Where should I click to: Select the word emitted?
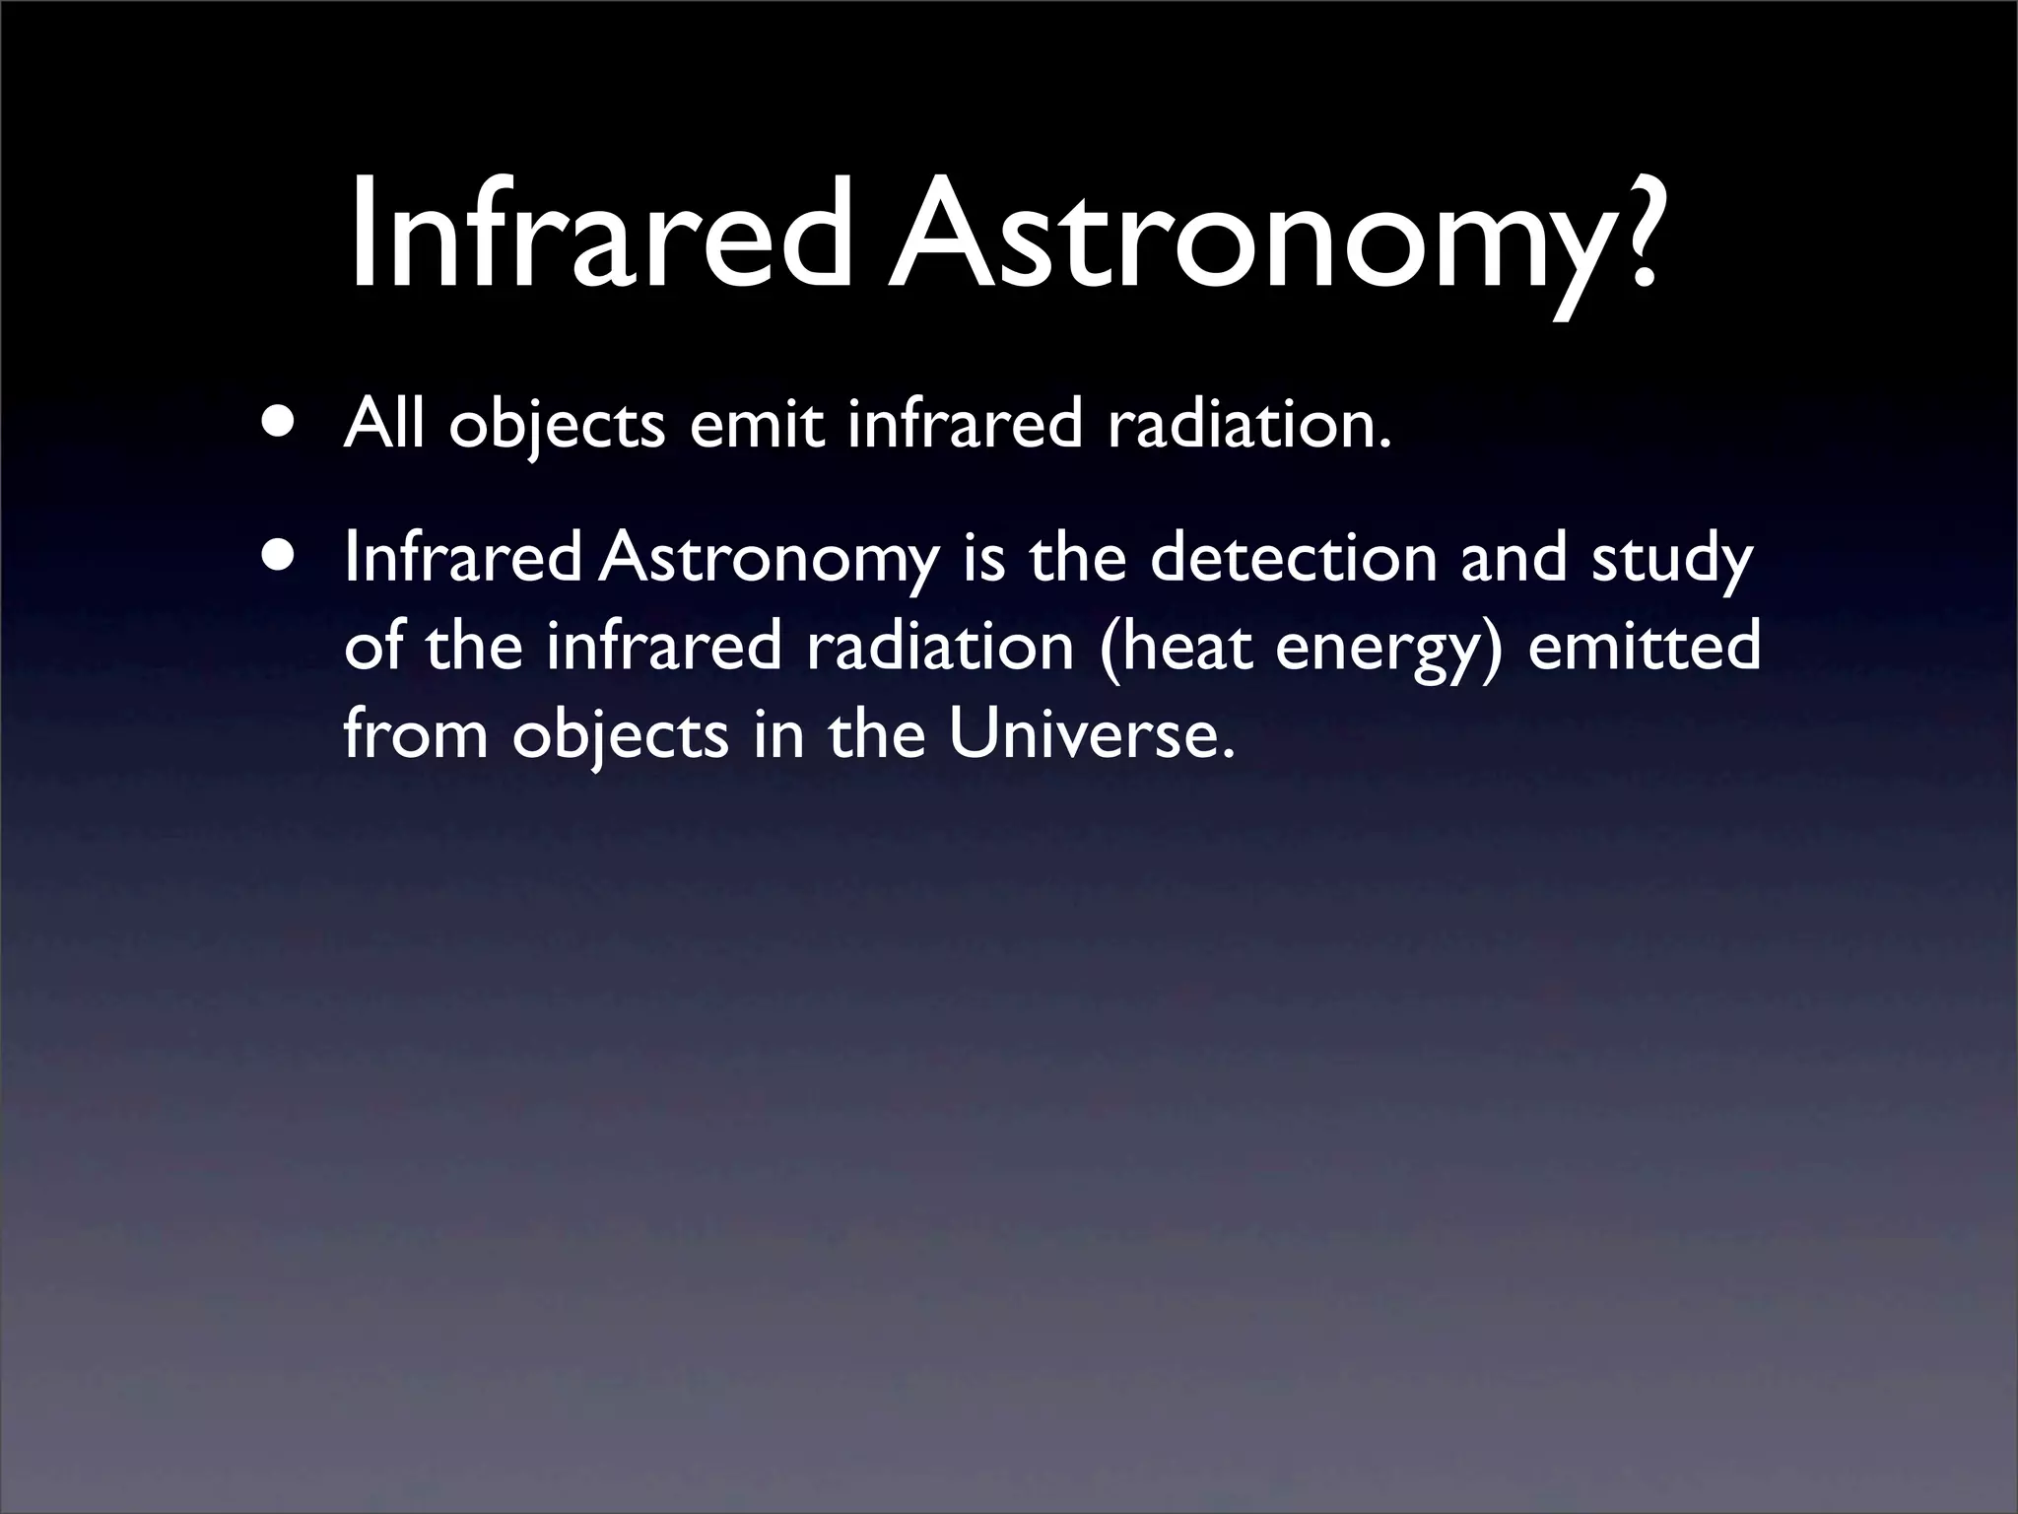[1643, 646]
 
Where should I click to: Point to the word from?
[416, 734]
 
